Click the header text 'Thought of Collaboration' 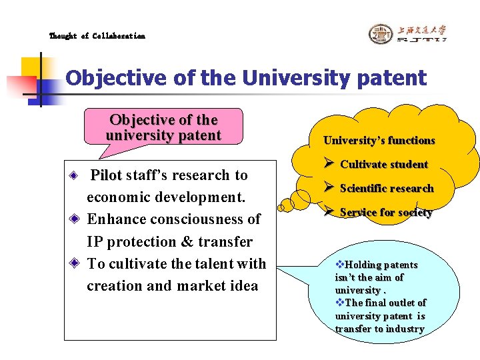(97, 36)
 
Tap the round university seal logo (381, 34)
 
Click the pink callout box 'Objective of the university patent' (163, 127)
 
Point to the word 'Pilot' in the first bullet (106, 175)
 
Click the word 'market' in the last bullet (207, 285)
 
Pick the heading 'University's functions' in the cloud (379, 140)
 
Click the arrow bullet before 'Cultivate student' (329, 164)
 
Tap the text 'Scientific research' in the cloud (387, 189)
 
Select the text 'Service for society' (386, 213)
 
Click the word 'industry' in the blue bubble (403, 329)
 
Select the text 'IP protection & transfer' (169, 241)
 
